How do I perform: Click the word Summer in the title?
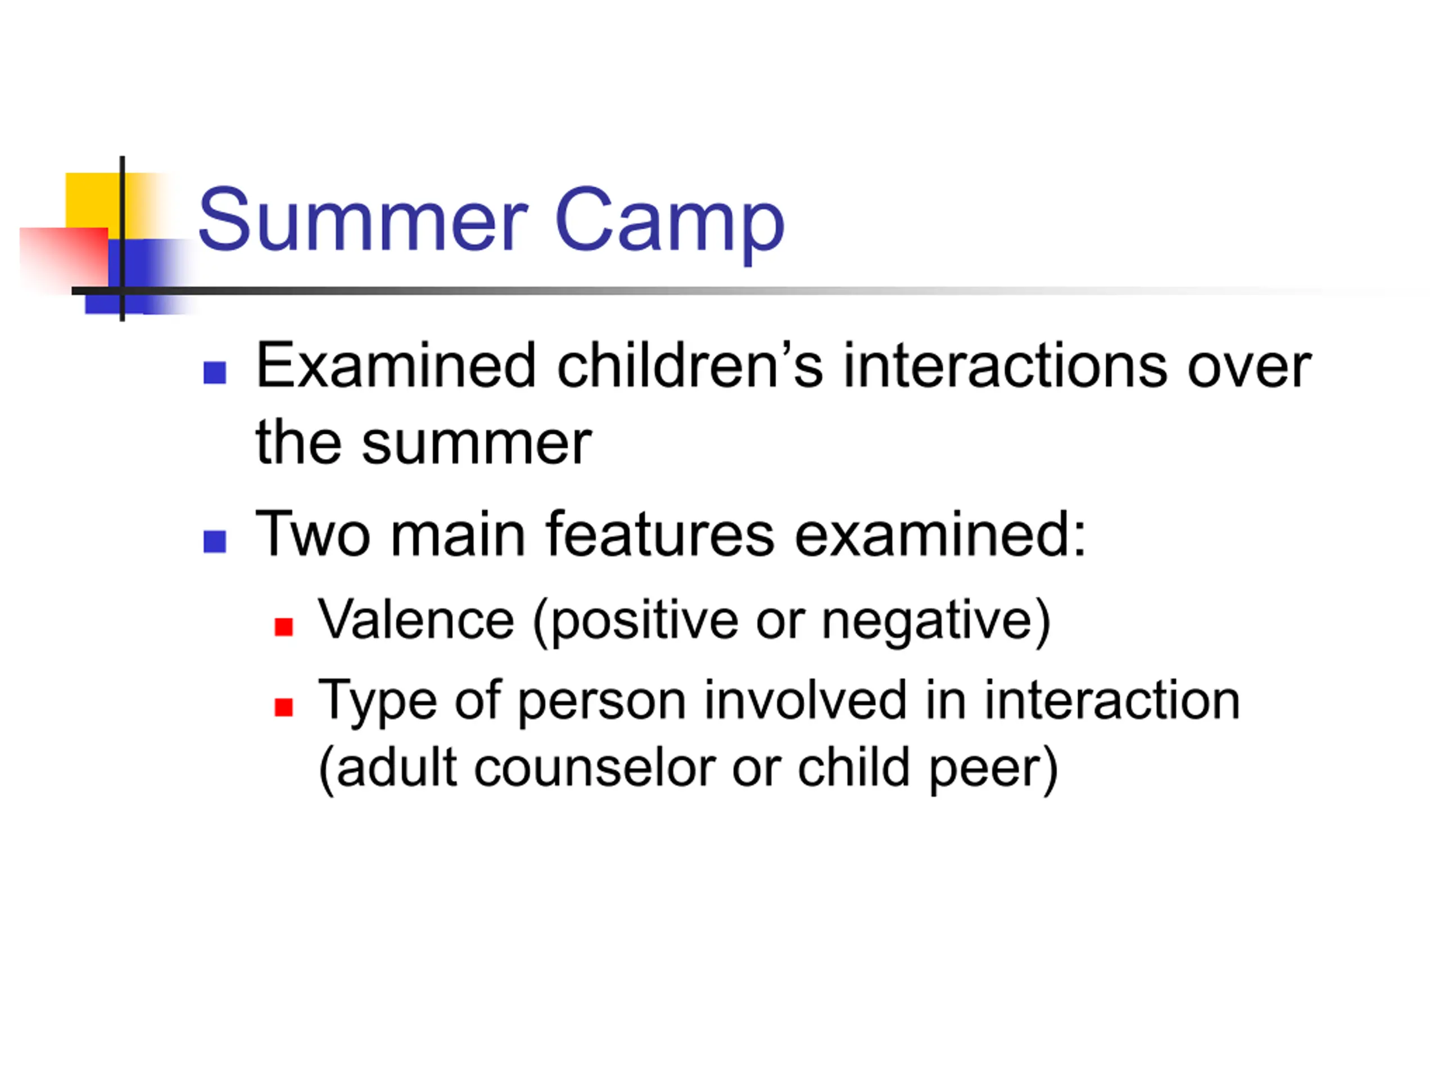[x=363, y=219]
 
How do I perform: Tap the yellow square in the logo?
[x=94, y=202]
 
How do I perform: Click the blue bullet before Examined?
[x=215, y=373]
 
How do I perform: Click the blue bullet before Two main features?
[x=215, y=542]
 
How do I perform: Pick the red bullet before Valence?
[x=284, y=627]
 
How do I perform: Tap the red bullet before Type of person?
[x=284, y=708]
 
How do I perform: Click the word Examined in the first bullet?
[x=396, y=366]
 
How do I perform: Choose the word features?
[x=660, y=534]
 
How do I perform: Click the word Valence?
[x=416, y=620]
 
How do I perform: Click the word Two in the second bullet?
[x=313, y=534]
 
